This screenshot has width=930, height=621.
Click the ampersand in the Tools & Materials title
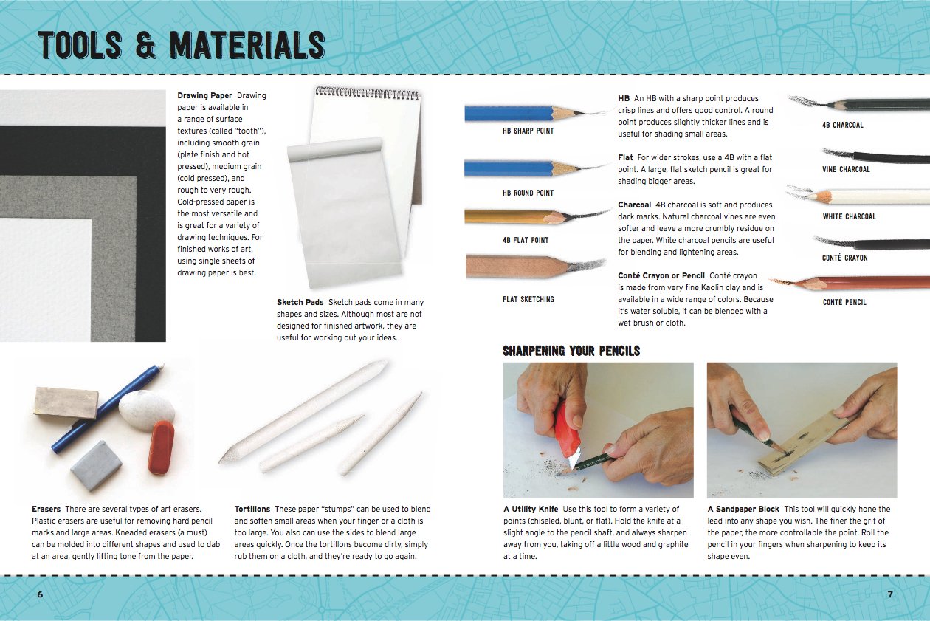click(145, 45)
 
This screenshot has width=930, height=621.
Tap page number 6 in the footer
click(40, 594)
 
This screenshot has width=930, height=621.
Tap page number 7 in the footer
click(890, 594)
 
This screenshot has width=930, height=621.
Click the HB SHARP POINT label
click(528, 131)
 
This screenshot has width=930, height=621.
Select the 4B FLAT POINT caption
click(526, 240)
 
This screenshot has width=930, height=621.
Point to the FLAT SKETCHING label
click(528, 299)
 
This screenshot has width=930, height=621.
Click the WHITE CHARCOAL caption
click(849, 216)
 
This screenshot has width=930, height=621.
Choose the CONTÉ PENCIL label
click(844, 302)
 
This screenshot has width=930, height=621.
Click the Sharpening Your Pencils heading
click(571, 351)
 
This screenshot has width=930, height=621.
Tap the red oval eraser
click(161, 447)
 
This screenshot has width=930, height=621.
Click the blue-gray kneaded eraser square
click(96, 465)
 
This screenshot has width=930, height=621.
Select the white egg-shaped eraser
click(147, 411)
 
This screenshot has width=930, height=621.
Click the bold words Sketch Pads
click(300, 303)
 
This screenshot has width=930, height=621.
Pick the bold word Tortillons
click(252, 509)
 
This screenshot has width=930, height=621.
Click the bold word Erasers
click(46, 509)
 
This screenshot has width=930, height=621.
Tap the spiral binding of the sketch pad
click(367, 93)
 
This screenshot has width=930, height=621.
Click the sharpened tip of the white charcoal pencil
click(810, 193)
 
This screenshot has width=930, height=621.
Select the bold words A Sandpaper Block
click(743, 509)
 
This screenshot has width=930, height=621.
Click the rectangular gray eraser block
click(66, 402)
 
